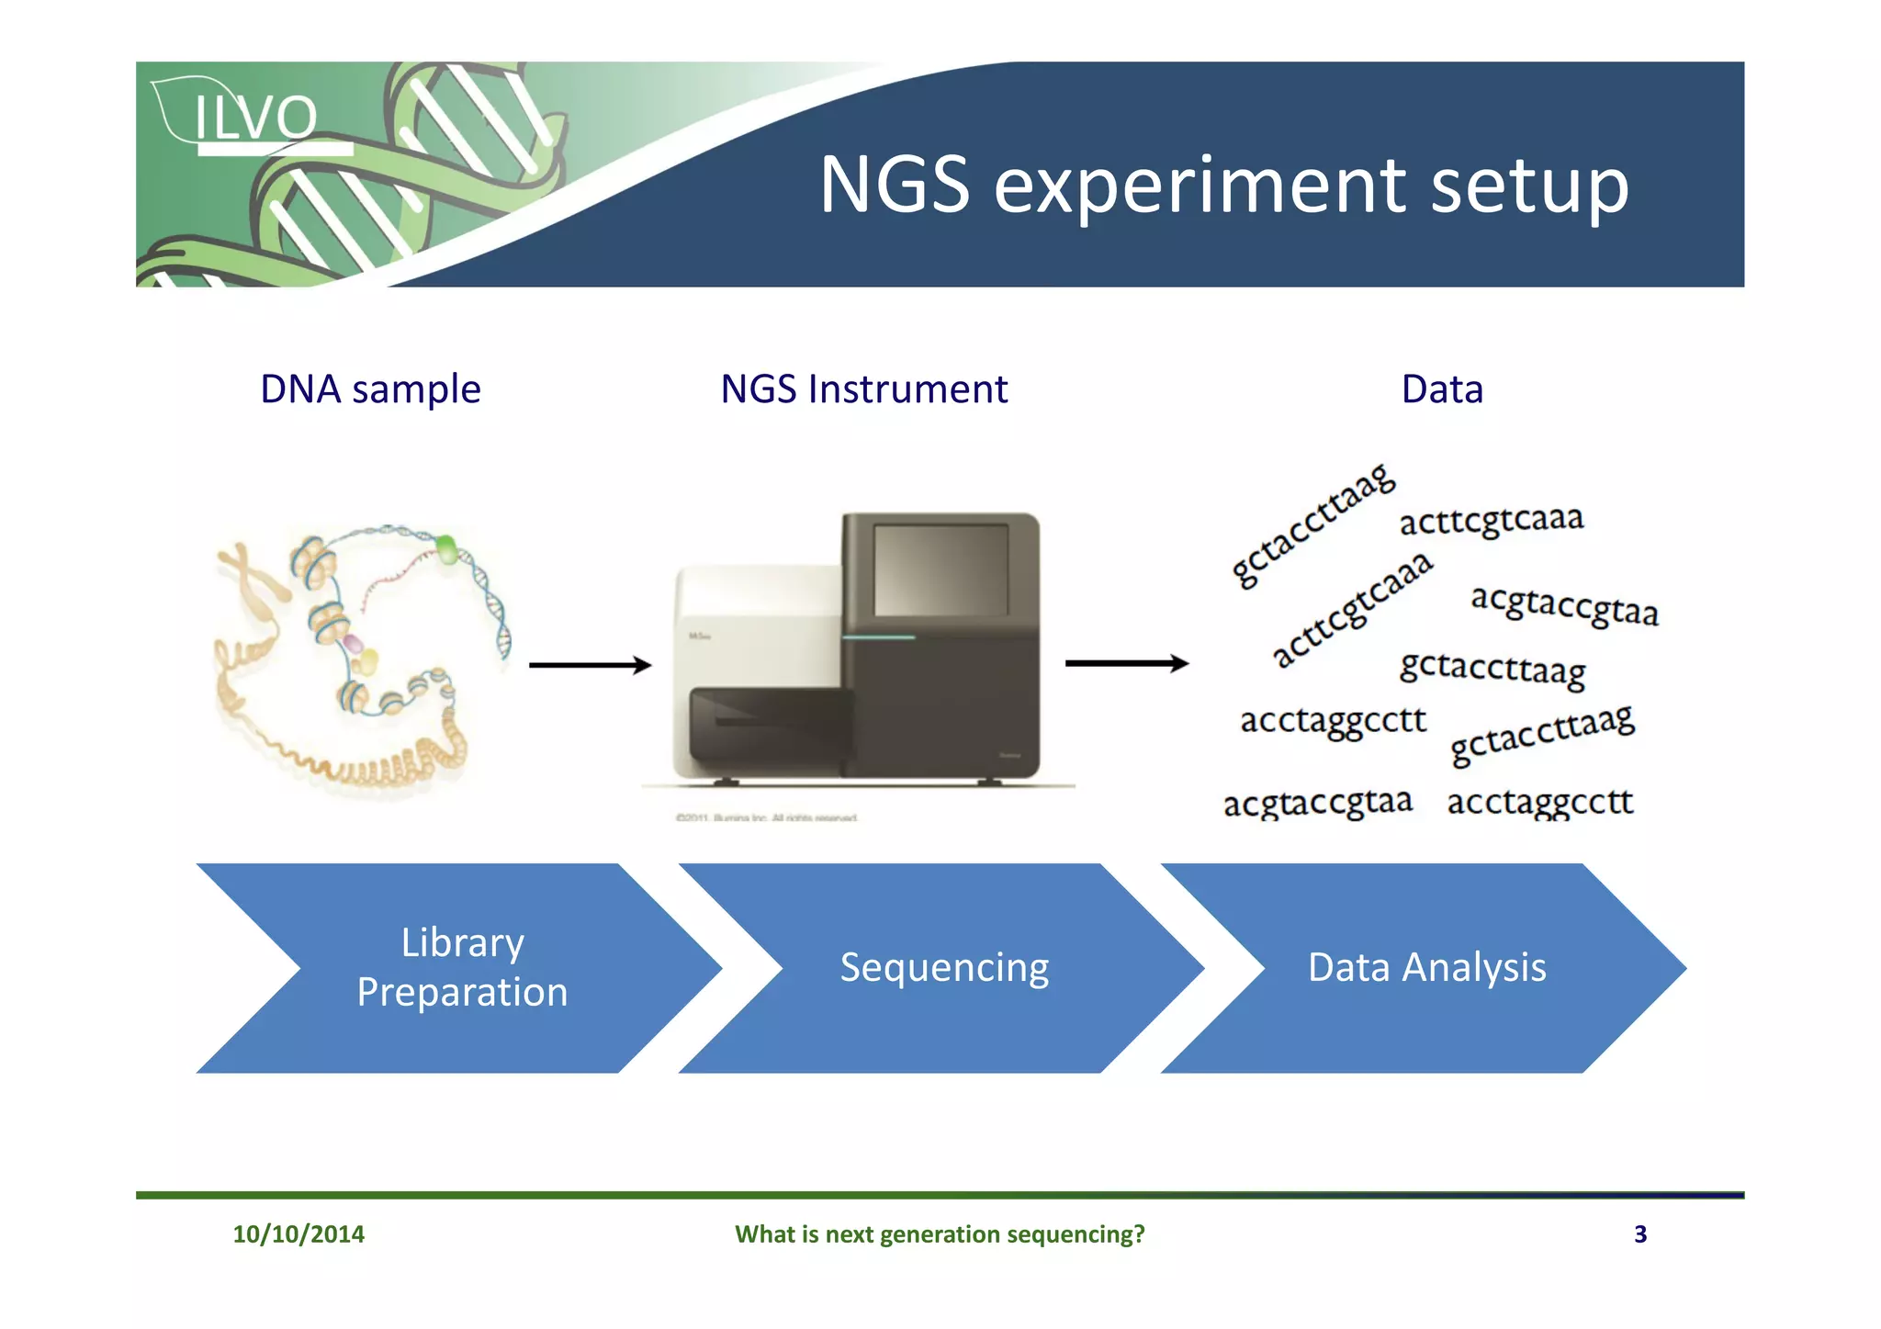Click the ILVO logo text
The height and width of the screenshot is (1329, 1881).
click(255, 118)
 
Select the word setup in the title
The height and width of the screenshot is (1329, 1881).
click(1529, 186)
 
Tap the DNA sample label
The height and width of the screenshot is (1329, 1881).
click(370, 389)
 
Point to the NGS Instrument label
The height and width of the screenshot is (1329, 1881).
click(863, 389)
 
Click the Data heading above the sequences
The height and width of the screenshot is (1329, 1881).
click(1442, 389)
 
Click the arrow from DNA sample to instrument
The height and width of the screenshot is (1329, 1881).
click(590, 665)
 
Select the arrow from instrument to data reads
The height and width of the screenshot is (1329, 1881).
click(1126, 663)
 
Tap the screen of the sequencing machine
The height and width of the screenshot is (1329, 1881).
click(940, 570)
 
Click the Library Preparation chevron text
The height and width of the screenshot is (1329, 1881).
click(462, 967)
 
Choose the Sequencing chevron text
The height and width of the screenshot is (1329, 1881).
click(944, 967)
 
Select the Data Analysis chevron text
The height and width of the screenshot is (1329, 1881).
click(1426, 967)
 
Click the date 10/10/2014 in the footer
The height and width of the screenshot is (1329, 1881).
click(298, 1233)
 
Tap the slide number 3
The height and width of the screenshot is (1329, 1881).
click(1640, 1233)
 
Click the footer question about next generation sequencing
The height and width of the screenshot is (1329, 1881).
click(940, 1233)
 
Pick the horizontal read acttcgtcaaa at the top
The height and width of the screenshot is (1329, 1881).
click(1492, 520)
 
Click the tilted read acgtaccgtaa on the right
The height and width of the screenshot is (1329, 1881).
click(1564, 605)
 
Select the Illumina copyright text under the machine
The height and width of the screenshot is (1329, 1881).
click(767, 817)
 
